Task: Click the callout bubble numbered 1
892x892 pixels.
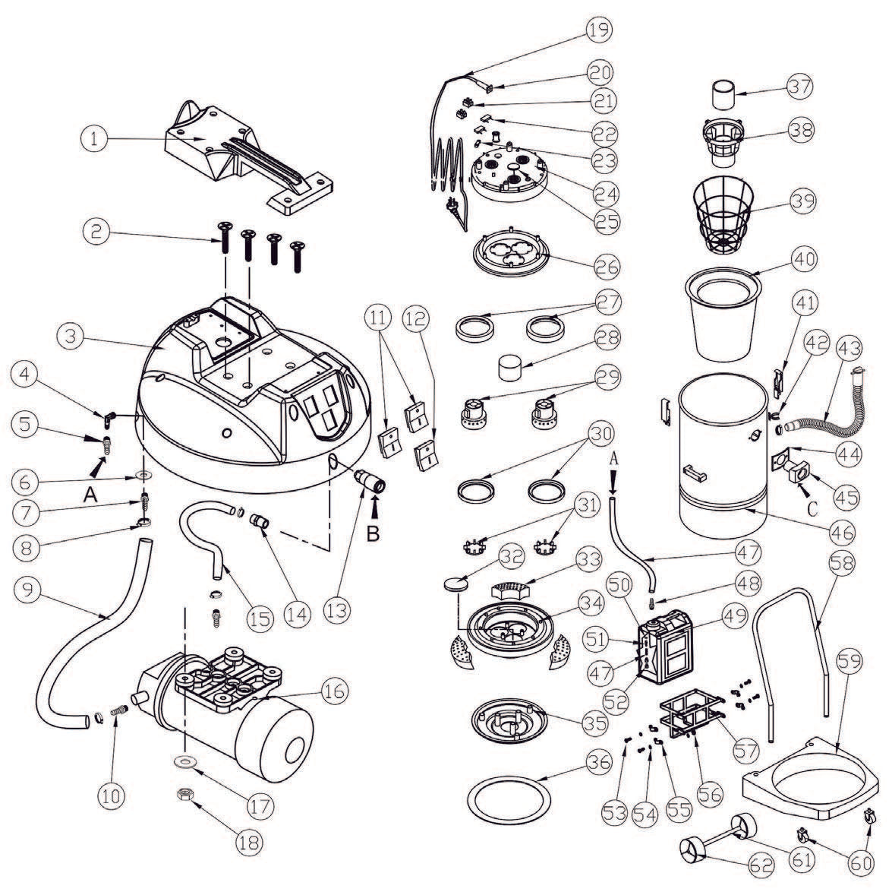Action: pyautogui.click(x=96, y=138)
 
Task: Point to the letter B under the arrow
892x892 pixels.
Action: pyautogui.click(x=373, y=533)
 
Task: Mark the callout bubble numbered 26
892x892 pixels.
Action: pyautogui.click(x=604, y=267)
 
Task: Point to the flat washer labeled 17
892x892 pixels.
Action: pyautogui.click(x=183, y=760)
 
